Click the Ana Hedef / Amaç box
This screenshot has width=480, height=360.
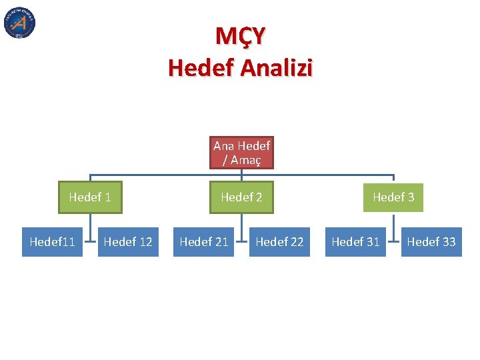(241, 153)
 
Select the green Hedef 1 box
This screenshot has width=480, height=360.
(90, 197)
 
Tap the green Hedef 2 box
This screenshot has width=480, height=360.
(241, 197)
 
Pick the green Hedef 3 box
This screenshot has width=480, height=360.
(393, 197)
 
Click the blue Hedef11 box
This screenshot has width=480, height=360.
(53, 241)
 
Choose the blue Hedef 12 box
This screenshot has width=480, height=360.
(128, 241)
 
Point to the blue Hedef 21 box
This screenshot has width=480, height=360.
(204, 241)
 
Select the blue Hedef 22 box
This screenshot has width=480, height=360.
(279, 241)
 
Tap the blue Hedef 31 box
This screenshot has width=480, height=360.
(355, 241)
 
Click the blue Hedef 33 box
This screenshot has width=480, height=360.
(431, 241)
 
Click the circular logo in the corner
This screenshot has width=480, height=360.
(19, 23)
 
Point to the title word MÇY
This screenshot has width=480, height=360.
(240, 36)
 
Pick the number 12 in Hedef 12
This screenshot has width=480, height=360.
(145, 241)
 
